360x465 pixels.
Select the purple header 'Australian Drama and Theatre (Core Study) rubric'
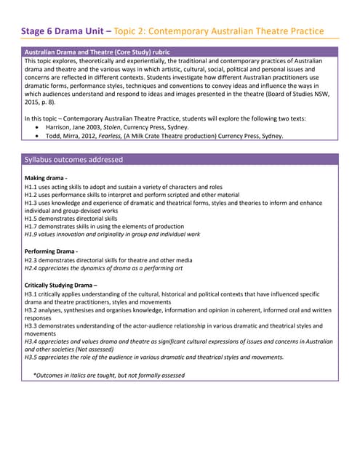[108, 52]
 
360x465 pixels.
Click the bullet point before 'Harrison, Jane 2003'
[38, 126]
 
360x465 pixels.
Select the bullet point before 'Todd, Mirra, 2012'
[38, 135]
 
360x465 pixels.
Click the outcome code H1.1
[32, 187]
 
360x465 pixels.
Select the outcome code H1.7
[32, 226]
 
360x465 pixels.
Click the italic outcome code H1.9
[32, 234]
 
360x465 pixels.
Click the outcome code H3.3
[32, 326]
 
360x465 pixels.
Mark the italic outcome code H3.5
[32, 357]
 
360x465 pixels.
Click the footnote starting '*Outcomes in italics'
[109, 375]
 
